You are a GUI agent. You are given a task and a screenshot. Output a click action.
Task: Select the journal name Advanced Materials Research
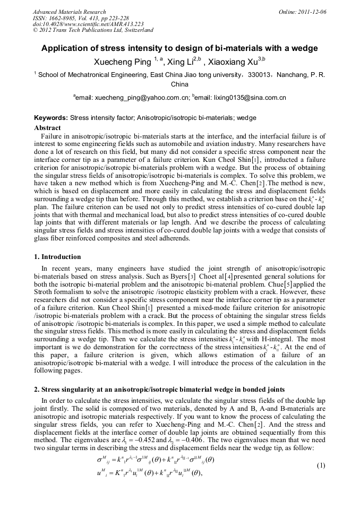(x=69, y=11)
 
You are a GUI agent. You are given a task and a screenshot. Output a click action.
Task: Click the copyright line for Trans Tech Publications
(x=93, y=30)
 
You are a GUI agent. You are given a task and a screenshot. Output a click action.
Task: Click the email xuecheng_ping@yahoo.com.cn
(x=143, y=98)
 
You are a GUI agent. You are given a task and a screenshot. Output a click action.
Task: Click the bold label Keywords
(x=51, y=118)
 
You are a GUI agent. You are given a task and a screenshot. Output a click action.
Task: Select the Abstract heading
(x=47, y=128)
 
